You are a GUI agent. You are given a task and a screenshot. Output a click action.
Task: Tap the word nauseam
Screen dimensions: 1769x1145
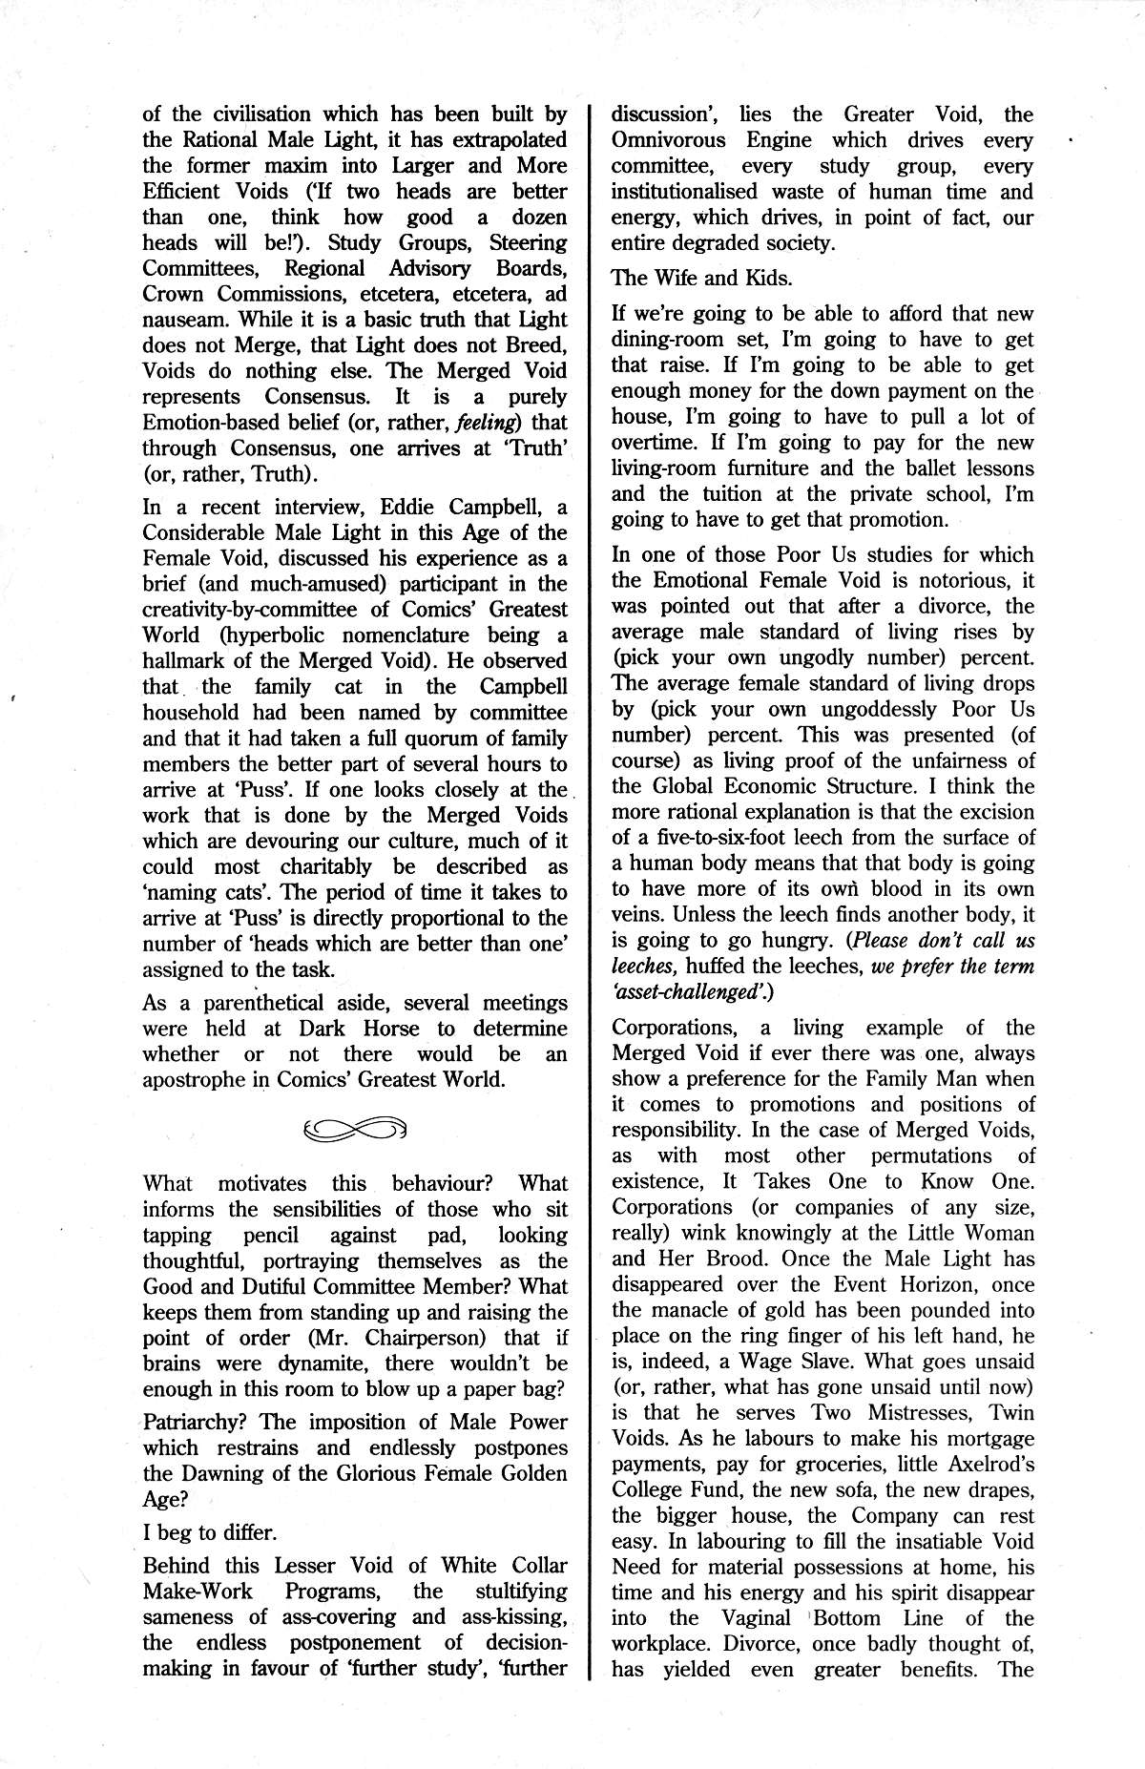click(186, 320)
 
